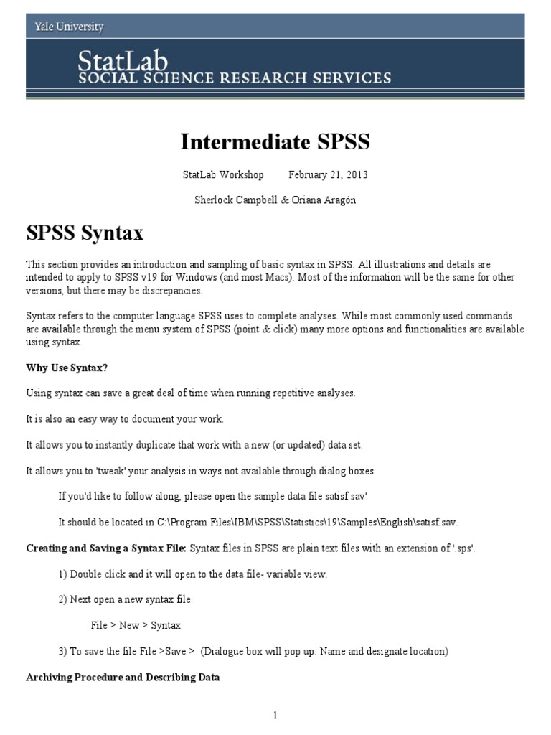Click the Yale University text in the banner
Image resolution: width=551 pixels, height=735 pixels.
70,27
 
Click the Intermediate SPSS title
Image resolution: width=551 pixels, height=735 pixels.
275,142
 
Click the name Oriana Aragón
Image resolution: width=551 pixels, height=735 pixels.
323,200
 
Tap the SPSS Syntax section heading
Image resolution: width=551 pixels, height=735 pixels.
85,233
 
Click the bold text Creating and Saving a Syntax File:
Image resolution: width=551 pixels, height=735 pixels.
106,548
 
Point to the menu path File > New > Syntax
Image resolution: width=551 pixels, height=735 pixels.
136,625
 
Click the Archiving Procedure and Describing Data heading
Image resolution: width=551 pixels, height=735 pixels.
123,677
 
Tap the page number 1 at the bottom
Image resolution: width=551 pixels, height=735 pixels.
275,715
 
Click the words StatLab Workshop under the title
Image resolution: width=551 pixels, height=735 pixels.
223,175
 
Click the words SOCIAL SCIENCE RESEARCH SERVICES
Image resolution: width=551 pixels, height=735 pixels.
235,78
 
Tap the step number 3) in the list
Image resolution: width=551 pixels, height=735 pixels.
63,651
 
